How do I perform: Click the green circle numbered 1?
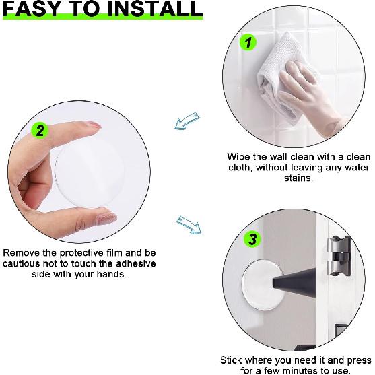248,42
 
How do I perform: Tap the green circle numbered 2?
40,131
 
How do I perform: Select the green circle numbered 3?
251,239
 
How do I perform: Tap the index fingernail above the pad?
94,126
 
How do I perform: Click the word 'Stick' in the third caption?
232,360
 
